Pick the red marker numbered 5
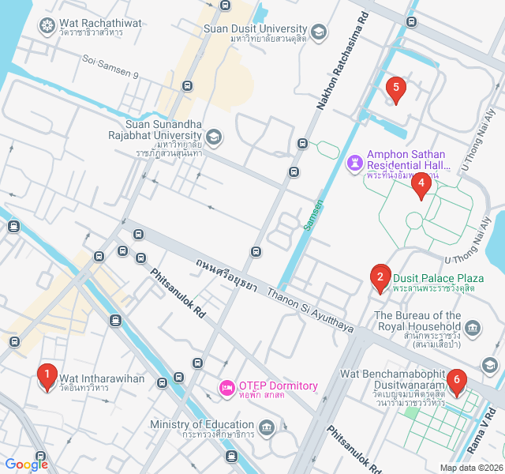tap(395, 89)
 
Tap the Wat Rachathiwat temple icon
tap(47, 24)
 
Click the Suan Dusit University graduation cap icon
tap(318, 32)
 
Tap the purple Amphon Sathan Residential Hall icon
tap(355, 162)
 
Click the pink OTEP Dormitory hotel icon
tap(226, 387)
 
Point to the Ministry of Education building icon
tap(267, 428)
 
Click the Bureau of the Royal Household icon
tap(473, 327)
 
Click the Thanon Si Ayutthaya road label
tap(309, 309)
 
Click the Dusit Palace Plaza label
tap(438, 278)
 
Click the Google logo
tap(27, 465)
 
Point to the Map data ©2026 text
tap(470, 468)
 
